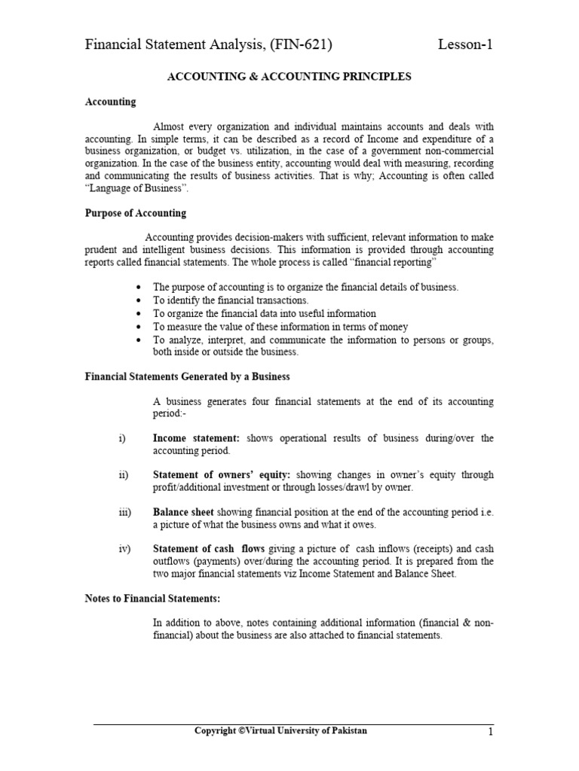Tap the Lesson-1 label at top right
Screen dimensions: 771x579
(466, 46)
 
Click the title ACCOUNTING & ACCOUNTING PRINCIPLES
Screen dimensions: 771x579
(289, 78)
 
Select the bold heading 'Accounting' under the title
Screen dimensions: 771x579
(110, 102)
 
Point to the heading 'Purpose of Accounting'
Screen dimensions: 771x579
(135, 213)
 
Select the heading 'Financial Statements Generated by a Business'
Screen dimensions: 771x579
(187, 376)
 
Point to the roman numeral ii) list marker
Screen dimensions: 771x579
(124, 475)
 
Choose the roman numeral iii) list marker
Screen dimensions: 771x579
(124, 512)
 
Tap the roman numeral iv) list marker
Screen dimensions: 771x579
(124, 549)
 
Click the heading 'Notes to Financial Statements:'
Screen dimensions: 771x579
(152, 599)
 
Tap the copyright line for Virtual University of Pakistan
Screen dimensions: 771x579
(281, 731)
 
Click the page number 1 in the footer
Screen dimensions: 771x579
(490, 733)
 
